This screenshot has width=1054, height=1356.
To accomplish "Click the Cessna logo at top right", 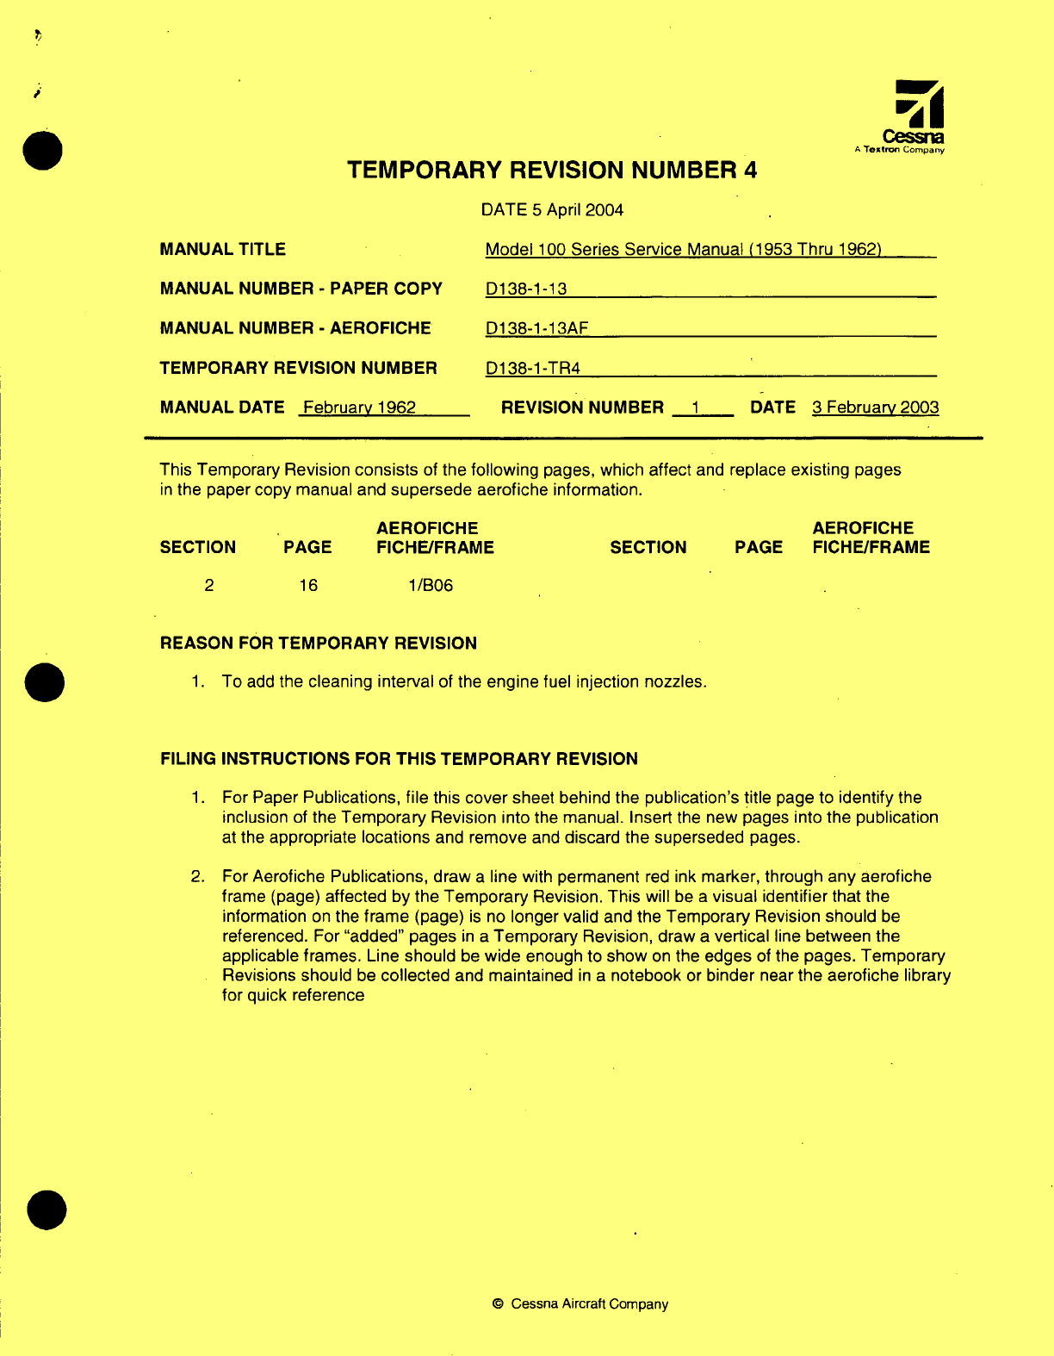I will click(914, 115).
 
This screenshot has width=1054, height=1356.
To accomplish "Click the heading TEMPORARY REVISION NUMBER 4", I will click(552, 170).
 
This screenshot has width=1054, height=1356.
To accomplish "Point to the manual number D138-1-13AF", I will click(536, 328).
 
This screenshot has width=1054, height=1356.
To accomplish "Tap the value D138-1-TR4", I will click(532, 369).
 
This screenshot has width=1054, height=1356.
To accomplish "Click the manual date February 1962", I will click(359, 407).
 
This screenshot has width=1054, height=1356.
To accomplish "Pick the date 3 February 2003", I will click(875, 407).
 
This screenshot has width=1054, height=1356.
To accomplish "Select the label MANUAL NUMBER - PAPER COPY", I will click(301, 289).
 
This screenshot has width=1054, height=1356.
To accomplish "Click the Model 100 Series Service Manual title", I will click(683, 250).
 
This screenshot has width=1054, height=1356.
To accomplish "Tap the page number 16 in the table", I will click(308, 586).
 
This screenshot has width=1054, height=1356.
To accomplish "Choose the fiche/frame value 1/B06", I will click(431, 586).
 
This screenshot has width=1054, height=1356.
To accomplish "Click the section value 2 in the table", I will click(209, 586).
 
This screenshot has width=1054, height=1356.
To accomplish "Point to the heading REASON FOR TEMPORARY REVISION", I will click(318, 644).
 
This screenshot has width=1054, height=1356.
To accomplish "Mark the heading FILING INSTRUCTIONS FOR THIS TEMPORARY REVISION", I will click(399, 759).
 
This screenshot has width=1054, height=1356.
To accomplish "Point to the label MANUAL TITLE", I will click(222, 250).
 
